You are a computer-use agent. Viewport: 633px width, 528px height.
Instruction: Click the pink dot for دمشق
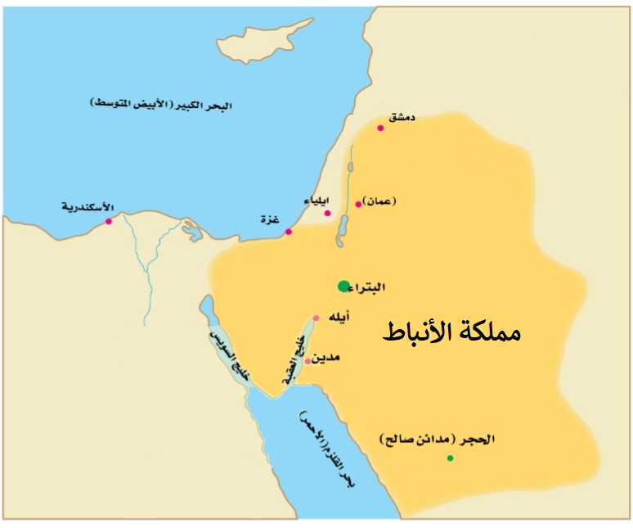[x=380, y=128]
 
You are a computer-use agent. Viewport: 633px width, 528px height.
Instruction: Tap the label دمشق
[x=402, y=118]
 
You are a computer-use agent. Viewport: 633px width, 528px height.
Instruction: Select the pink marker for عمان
[x=358, y=204]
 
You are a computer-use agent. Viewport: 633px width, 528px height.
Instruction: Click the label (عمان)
[x=381, y=200]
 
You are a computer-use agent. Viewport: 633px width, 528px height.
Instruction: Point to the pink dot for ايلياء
[x=327, y=214]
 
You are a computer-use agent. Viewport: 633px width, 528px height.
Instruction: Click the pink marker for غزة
[x=288, y=232]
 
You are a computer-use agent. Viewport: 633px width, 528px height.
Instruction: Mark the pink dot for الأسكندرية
[x=108, y=221]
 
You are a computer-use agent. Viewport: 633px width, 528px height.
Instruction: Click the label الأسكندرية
[x=88, y=206]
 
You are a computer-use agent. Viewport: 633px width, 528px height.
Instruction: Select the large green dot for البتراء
[x=343, y=286]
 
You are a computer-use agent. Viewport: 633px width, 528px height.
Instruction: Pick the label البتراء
[x=372, y=287]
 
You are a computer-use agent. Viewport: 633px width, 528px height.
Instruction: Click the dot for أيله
[x=316, y=318]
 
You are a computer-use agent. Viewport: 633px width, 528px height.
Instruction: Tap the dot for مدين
[x=308, y=361]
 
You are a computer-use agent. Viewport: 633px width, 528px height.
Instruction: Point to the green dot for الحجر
[x=450, y=458]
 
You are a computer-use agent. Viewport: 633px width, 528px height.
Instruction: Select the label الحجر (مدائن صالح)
[x=438, y=440]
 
